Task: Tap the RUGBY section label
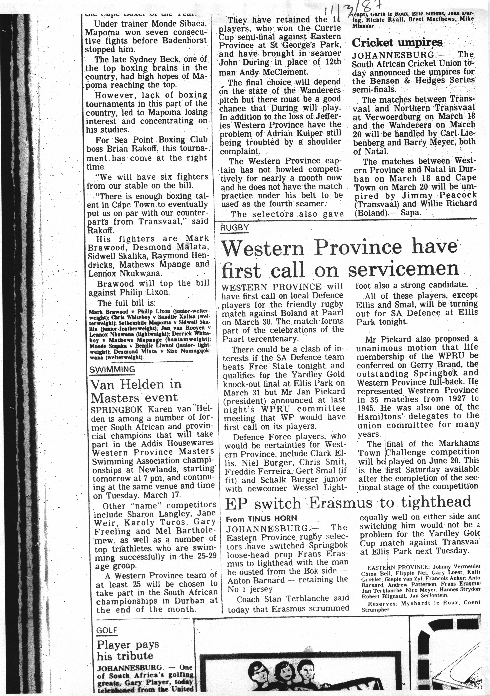point(235,228)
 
